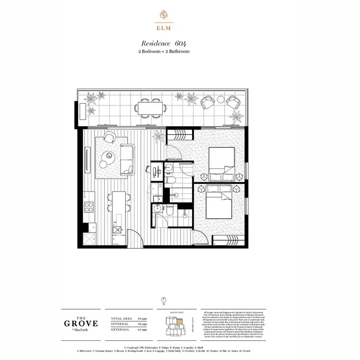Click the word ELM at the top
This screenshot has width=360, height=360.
[164, 27]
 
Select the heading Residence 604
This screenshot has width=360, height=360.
[164, 43]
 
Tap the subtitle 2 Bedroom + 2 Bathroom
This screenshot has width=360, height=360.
[164, 51]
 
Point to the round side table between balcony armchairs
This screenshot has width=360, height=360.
[220, 100]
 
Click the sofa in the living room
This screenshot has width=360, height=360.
[128, 157]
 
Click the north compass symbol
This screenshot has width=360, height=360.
[164, 299]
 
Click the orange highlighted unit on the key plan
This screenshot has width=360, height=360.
[180, 320]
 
